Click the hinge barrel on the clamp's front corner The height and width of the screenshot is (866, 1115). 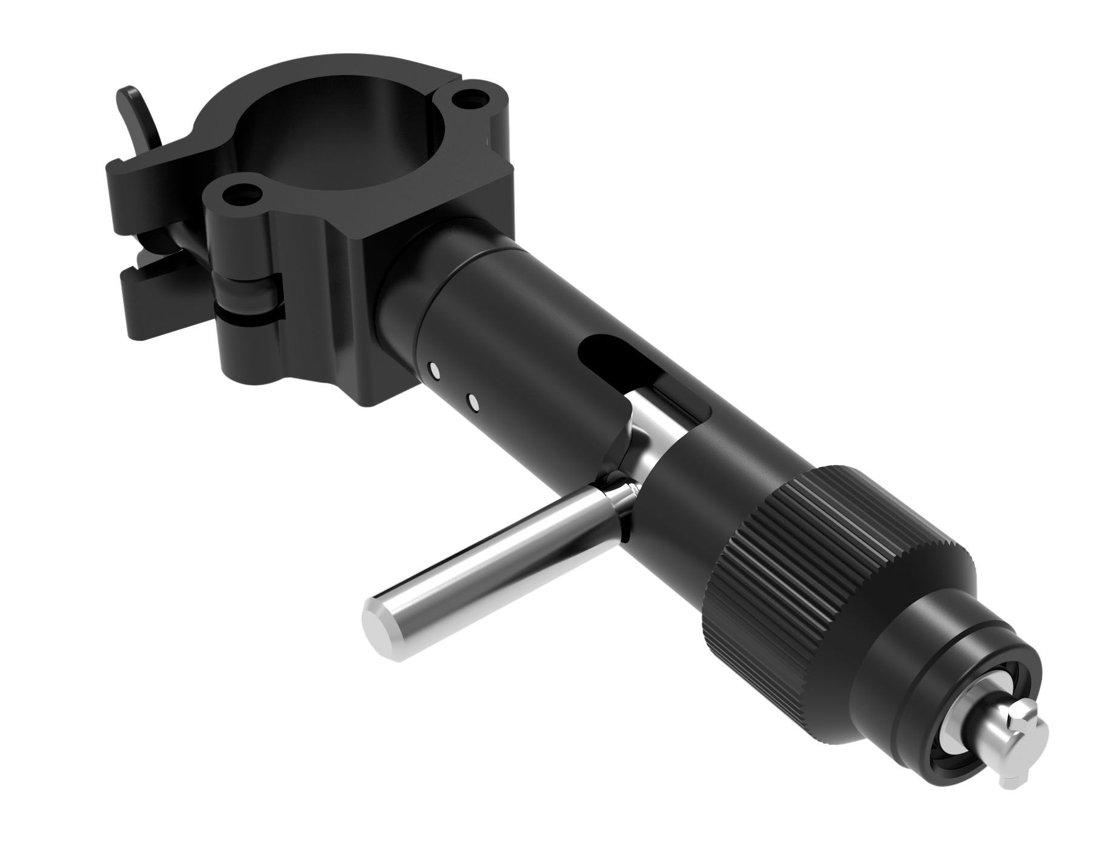(x=251, y=291)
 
